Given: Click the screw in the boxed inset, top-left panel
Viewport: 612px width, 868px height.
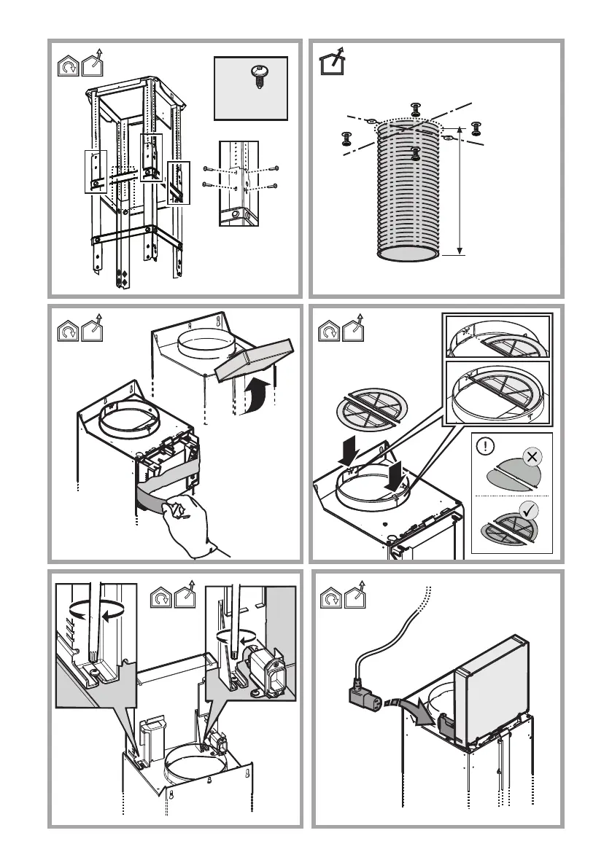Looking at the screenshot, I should tap(257, 76).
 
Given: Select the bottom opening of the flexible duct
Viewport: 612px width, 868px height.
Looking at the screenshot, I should tap(409, 254).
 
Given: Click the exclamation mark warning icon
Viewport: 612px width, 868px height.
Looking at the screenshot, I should tap(484, 446).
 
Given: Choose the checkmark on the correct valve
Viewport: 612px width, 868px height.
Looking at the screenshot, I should tap(531, 510).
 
